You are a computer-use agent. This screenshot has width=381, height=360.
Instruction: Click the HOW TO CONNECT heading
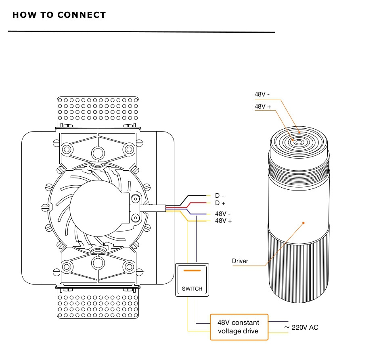[59, 15]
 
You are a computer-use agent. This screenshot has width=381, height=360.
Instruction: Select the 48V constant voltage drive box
[239, 327]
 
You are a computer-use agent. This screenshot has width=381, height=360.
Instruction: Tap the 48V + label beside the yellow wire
[224, 221]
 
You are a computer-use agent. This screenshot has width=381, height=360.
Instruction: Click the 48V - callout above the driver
[262, 94]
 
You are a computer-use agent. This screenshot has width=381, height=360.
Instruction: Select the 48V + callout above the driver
[263, 107]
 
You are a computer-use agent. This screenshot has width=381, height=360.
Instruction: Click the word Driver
[240, 261]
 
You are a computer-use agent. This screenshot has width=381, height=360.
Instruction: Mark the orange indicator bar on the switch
[192, 270]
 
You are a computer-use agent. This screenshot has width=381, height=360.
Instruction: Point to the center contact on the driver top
[299, 142]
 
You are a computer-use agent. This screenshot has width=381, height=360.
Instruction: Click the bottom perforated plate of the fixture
[98, 305]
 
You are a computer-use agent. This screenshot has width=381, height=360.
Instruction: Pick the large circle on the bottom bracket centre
[98, 263]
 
